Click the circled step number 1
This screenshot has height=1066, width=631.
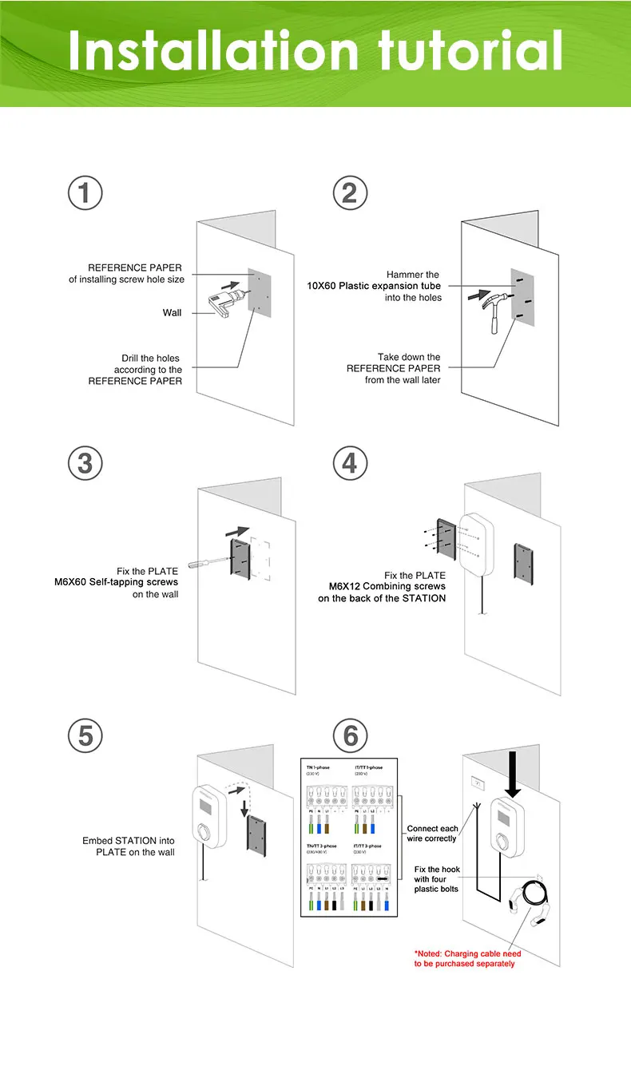click(x=85, y=194)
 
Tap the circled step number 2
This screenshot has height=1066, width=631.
click(x=350, y=194)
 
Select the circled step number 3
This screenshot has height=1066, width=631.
click(x=85, y=464)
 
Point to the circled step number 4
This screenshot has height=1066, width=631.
click(x=350, y=464)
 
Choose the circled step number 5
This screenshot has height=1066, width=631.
click(x=85, y=736)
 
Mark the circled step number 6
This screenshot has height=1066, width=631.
click(x=350, y=736)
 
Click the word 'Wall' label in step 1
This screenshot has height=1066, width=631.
click(x=173, y=313)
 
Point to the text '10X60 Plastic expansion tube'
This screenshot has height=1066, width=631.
click(x=374, y=286)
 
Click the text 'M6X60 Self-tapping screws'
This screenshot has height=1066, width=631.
click(x=116, y=583)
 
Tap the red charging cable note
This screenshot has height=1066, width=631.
click(x=467, y=958)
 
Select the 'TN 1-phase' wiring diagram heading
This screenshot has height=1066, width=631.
click(x=318, y=767)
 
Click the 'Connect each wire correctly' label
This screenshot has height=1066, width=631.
click(x=432, y=834)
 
